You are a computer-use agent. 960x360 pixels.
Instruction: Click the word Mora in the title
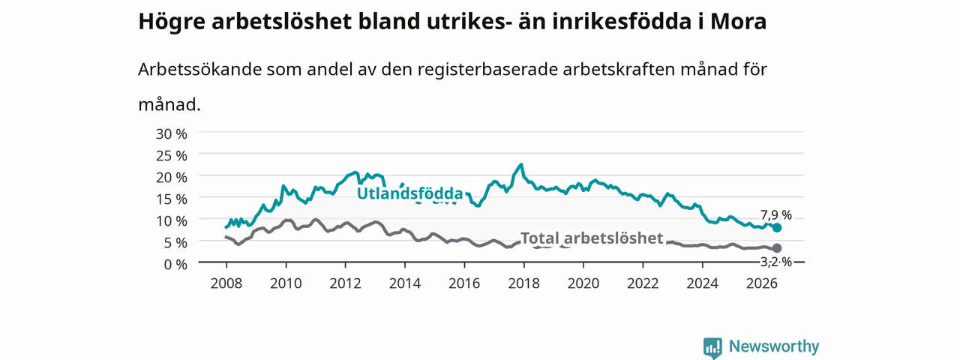pyautogui.click(x=739, y=22)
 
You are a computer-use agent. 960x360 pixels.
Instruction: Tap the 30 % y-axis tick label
pyautogui.click(x=172, y=134)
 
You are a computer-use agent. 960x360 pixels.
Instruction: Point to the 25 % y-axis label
pyautogui.click(x=172, y=155)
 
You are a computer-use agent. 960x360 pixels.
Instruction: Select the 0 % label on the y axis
pyautogui.click(x=175, y=265)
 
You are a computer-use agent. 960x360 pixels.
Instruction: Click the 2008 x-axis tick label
pyautogui.click(x=226, y=283)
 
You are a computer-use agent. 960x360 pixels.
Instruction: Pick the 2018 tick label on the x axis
pyautogui.click(x=523, y=283)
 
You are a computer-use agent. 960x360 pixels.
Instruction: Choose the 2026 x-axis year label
pyautogui.click(x=762, y=283)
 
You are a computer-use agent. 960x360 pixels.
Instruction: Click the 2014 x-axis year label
pyautogui.click(x=405, y=283)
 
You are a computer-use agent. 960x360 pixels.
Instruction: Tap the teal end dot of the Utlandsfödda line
pyautogui.click(x=776, y=227)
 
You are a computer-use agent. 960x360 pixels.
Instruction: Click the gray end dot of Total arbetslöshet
pyautogui.click(x=776, y=248)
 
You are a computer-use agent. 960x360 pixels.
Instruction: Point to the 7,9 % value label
pyautogui.click(x=776, y=214)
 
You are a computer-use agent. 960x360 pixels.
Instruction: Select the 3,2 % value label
pyautogui.click(x=776, y=262)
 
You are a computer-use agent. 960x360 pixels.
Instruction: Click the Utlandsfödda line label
pyautogui.click(x=409, y=193)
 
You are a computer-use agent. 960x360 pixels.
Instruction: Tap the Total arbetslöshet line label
pyautogui.click(x=592, y=238)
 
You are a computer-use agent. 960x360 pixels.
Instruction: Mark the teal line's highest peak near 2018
pyautogui.click(x=521, y=164)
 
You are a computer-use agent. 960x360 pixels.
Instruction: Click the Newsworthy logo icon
pyautogui.click(x=712, y=346)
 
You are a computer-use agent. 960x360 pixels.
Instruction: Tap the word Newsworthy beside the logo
pyautogui.click(x=774, y=346)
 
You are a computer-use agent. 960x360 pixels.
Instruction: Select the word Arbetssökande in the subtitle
pyautogui.click(x=199, y=69)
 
